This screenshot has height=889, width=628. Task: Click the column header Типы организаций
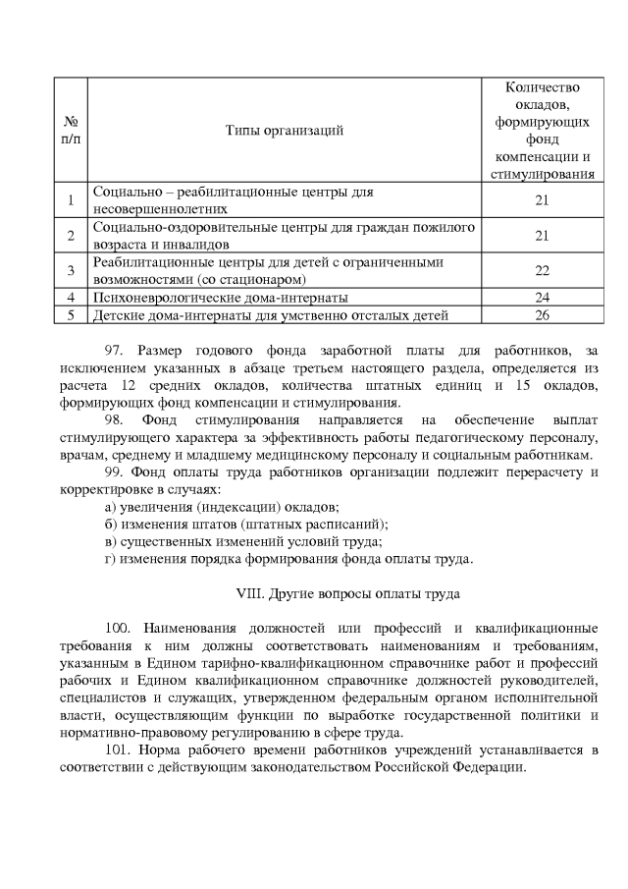pos(285,130)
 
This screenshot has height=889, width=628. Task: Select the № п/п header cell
pos(70,130)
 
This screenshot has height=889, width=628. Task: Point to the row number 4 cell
pos(70,297)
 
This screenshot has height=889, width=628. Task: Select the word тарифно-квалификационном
pos(282,663)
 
